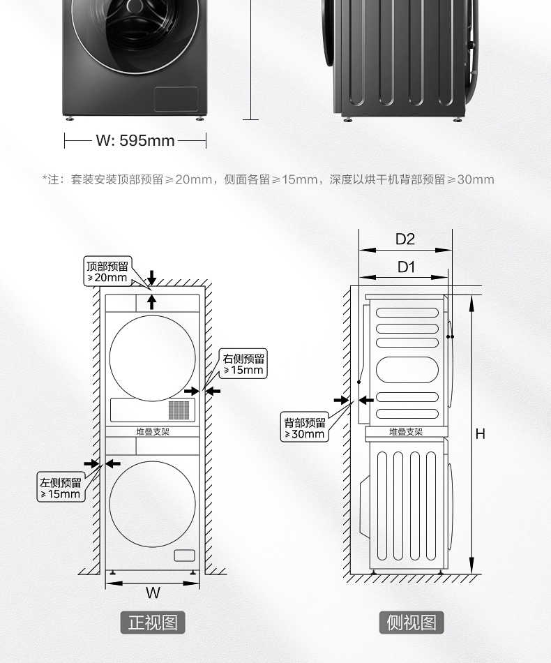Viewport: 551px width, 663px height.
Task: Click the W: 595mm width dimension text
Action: click(x=135, y=141)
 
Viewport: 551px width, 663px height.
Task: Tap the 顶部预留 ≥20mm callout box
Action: click(x=107, y=271)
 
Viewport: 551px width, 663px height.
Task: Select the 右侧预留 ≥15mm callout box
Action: click(x=243, y=364)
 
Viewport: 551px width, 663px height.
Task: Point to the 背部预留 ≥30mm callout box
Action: click(x=305, y=428)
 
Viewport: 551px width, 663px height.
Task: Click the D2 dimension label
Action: click(x=405, y=239)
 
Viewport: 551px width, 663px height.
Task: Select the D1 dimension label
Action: click(x=406, y=267)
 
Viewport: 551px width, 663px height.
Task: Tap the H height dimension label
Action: click(x=480, y=433)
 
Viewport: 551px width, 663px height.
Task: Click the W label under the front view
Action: click(x=153, y=593)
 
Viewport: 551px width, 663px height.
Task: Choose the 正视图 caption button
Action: click(x=153, y=622)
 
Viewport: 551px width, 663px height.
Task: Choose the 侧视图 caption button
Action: click(x=412, y=622)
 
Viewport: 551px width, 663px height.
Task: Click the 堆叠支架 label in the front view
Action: click(x=153, y=432)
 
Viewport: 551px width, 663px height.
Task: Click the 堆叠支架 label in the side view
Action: click(x=406, y=432)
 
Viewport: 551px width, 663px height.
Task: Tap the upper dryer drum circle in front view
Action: click(x=153, y=358)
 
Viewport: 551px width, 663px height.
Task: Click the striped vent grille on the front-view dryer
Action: click(x=179, y=409)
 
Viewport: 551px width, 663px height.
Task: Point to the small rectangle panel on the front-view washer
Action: click(x=184, y=556)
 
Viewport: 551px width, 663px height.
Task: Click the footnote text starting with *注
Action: click(x=269, y=179)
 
